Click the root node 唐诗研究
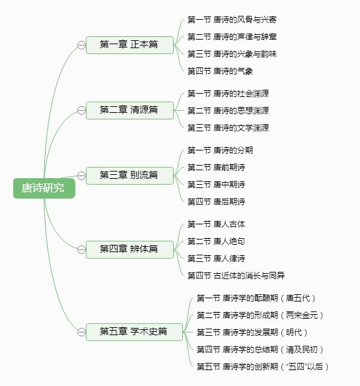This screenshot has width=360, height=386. click(x=44, y=188)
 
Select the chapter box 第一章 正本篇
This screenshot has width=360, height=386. click(x=129, y=45)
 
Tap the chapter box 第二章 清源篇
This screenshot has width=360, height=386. click(x=129, y=110)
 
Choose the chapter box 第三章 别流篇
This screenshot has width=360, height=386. click(x=129, y=176)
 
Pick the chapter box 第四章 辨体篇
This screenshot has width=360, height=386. click(x=129, y=249)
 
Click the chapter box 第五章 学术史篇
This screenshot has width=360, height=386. click(x=134, y=332)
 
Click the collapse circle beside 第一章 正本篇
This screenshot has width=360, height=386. click(x=81, y=46)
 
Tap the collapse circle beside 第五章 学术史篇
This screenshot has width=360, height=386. click(x=81, y=332)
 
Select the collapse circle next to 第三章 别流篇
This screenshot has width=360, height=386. click(x=81, y=176)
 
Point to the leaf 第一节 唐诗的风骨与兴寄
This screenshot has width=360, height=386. click(x=232, y=20)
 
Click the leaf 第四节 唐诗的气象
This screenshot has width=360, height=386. click(x=220, y=71)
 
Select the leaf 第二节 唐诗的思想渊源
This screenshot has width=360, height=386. click(x=228, y=111)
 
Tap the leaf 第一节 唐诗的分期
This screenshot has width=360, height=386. click(x=220, y=150)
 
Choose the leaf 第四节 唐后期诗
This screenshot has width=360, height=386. click(x=217, y=202)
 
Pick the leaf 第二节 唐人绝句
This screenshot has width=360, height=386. click(x=217, y=241)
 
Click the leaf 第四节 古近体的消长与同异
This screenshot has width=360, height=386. click(x=236, y=276)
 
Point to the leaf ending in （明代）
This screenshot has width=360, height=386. click(x=252, y=333)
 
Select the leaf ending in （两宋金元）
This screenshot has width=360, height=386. click(x=260, y=315)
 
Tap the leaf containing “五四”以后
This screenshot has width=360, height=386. click(x=263, y=367)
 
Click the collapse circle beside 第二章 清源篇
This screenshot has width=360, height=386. click(x=81, y=110)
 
